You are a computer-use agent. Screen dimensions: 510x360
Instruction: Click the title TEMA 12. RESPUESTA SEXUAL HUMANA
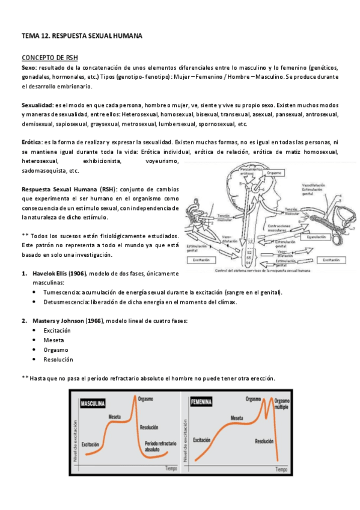click(x=82, y=36)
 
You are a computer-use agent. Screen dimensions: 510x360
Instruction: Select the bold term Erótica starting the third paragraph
click(x=31, y=141)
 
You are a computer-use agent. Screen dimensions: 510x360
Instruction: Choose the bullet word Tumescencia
click(x=62, y=292)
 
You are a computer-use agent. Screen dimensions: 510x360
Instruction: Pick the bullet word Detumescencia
click(x=65, y=302)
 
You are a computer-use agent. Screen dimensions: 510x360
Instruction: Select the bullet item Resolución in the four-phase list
click(x=58, y=360)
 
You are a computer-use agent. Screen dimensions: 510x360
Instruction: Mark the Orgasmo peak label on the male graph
click(x=145, y=398)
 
